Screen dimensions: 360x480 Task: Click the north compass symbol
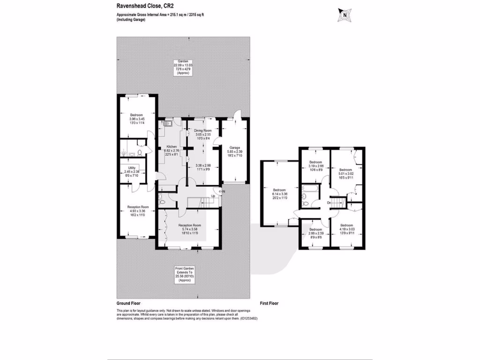(345, 15)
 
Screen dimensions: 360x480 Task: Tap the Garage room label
(234, 135)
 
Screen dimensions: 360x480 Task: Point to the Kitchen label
(171, 147)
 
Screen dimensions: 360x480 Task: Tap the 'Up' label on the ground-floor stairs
(214, 195)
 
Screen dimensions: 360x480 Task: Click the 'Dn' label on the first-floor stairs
(329, 202)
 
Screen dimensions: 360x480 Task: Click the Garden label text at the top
(183, 62)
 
